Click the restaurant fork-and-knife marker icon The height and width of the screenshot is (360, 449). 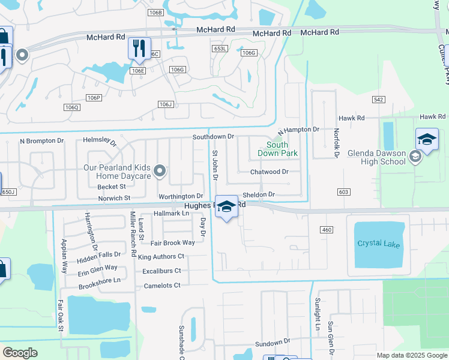[139, 49]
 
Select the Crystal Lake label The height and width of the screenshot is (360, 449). [378, 244]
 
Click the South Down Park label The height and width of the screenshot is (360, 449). [277, 149]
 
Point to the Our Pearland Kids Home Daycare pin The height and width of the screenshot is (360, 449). [160, 172]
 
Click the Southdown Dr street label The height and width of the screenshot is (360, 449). [213, 137]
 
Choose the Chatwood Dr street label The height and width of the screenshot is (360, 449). [270, 172]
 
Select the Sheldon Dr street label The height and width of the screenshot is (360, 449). [258, 194]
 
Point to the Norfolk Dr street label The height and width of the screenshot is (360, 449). [337, 143]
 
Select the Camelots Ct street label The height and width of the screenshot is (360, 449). [162, 286]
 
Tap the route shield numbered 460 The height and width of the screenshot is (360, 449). [327, 230]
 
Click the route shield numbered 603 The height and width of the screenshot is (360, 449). [343, 191]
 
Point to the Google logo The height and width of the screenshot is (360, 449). [20, 353]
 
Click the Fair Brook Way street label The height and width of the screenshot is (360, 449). [172, 243]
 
